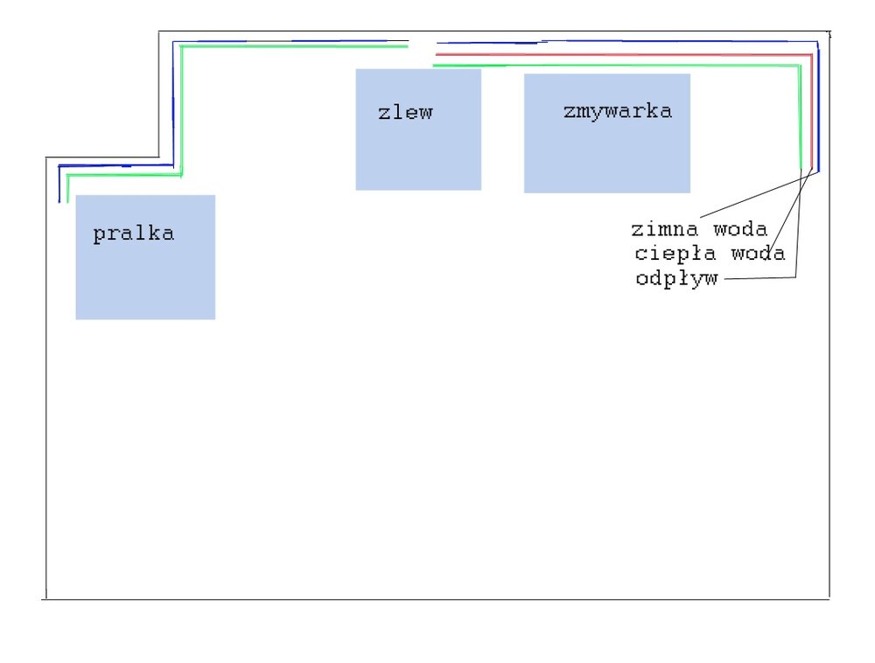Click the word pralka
coord(134,234)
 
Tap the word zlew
coord(405,113)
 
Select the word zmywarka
coord(618,111)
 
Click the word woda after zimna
coord(739,230)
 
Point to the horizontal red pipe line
coord(612,55)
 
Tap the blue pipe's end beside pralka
coord(59,201)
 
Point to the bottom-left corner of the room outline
coord(45,599)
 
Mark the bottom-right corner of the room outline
coord(829,599)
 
